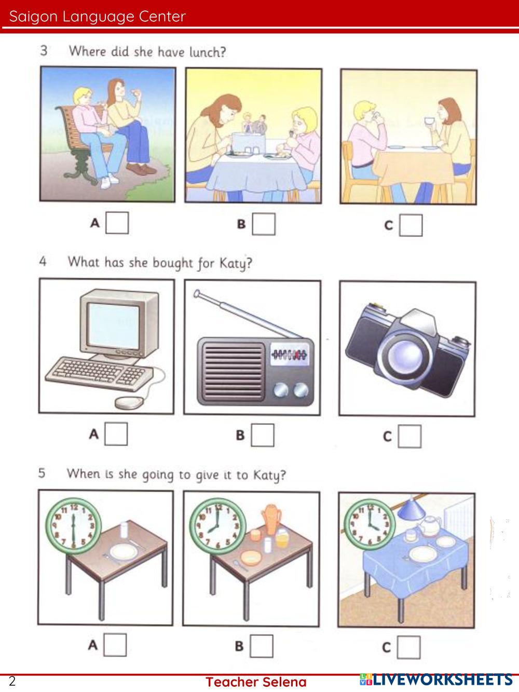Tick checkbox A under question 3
point(117,223)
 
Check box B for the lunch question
point(264,224)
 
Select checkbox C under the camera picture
point(409,436)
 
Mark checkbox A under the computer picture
point(116,434)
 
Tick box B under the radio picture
point(263,435)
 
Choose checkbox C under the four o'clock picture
point(408,647)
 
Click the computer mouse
point(129,403)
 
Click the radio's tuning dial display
point(289,355)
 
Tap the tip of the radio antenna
point(197,294)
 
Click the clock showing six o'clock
point(73,526)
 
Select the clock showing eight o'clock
point(217,526)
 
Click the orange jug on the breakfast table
point(271,519)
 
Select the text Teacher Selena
point(256,682)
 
